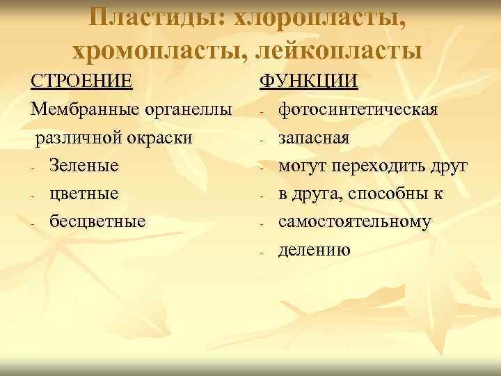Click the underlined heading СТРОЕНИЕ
[82, 81]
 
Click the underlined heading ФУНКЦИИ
[309, 81]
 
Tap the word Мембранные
[81, 110]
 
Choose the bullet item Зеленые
[83, 166]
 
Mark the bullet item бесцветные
[97, 221]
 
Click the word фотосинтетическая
[358, 110]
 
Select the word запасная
[313, 139]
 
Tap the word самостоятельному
[355, 221]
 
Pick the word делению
[314, 249]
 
